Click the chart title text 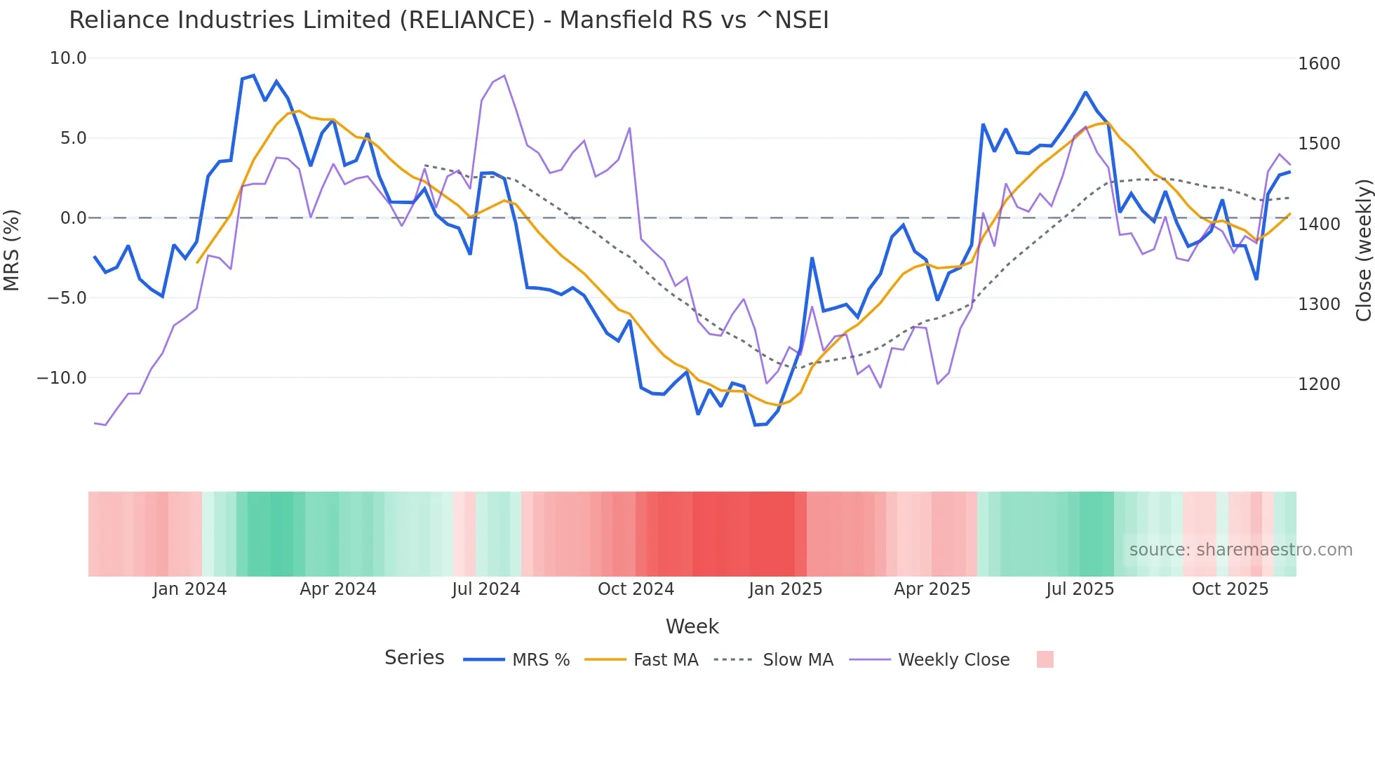(449, 20)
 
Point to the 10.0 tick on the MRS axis (68, 58)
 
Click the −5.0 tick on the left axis (67, 298)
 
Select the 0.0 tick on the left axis (74, 218)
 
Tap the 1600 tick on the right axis (1319, 64)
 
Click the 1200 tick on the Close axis (1319, 384)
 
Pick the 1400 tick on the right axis (1319, 224)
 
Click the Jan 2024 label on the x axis (189, 589)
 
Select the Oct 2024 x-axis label (636, 589)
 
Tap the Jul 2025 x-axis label (1080, 589)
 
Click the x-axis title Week (692, 626)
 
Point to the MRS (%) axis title (12, 250)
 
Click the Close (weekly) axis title (1363, 250)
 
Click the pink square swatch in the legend (1045, 659)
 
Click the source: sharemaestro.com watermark (1240, 550)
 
